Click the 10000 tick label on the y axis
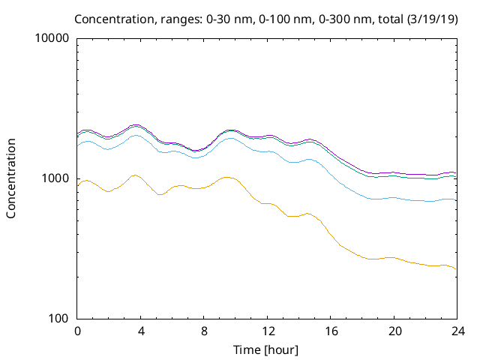(x=53, y=39)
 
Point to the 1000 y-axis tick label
(x=56, y=178)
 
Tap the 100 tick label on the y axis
(x=59, y=319)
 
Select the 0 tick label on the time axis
(x=77, y=331)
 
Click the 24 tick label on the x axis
(x=456, y=331)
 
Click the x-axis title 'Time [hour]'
(x=267, y=349)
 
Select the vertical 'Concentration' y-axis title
(x=11, y=178)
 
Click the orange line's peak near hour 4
(x=135, y=175)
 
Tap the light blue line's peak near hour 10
(x=230, y=138)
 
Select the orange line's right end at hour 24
(x=455, y=268)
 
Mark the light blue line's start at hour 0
(x=78, y=145)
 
